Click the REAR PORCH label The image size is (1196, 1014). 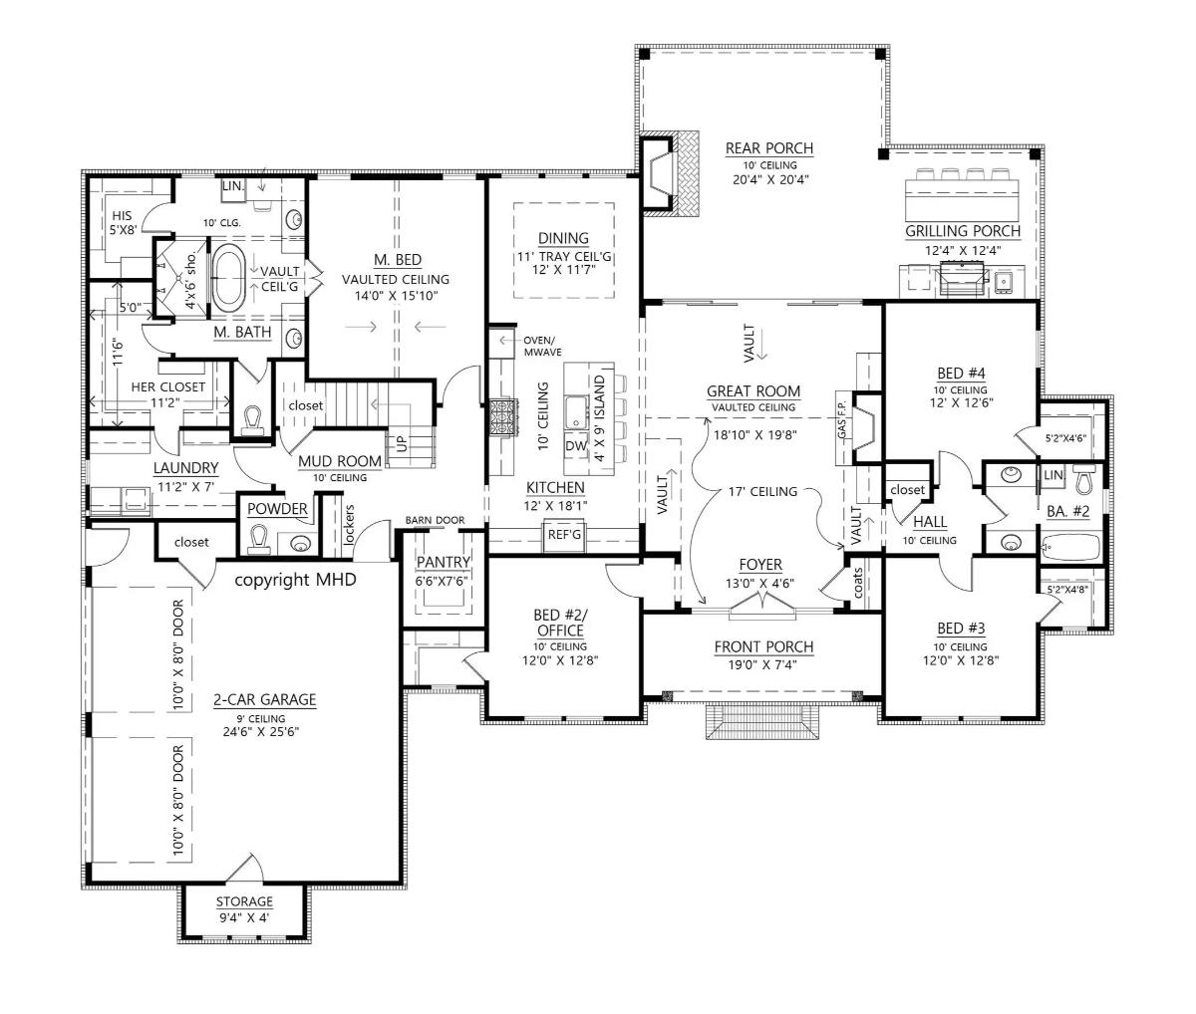pyautogui.click(x=769, y=148)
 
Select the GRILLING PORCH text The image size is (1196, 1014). pyautogui.click(x=963, y=231)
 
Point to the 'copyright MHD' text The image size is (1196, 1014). pyautogui.click(x=295, y=580)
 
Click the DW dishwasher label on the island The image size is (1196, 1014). pyautogui.click(x=576, y=445)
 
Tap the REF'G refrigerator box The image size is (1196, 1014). pyautogui.click(x=564, y=535)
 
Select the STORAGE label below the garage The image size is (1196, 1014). pyautogui.click(x=244, y=901)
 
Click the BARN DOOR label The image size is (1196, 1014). pyautogui.click(x=435, y=520)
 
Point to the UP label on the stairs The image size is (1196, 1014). pyautogui.click(x=402, y=443)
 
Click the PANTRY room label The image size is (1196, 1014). pyautogui.click(x=444, y=562)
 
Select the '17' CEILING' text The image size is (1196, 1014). pyautogui.click(x=762, y=492)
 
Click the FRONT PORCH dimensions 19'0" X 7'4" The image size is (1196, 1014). pyautogui.click(x=762, y=664)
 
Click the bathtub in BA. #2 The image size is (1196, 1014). pyautogui.click(x=1070, y=547)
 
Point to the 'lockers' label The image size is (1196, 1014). pyautogui.click(x=348, y=524)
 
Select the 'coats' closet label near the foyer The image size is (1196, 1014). pyautogui.click(x=858, y=583)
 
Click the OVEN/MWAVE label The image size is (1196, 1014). pyautogui.click(x=542, y=346)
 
